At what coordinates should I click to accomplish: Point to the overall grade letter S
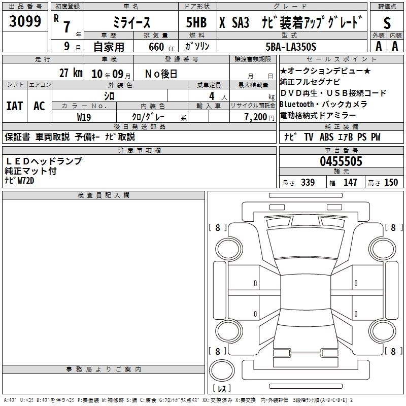[x=387, y=22]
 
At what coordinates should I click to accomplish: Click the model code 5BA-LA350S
[x=291, y=47]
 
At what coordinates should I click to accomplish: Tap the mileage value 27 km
[x=71, y=73]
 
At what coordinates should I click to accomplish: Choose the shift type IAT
[x=15, y=106]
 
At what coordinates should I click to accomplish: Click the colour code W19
[x=84, y=117]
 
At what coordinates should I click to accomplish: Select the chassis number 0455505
[x=341, y=162]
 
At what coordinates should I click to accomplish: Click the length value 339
[x=307, y=183]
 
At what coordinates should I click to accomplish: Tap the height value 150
[x=391, y=183]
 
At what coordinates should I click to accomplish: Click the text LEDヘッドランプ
[x=43, y=161]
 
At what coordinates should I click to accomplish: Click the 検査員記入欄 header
[x=104, y=195]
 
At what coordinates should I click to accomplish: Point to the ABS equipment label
[x=327, y=137]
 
